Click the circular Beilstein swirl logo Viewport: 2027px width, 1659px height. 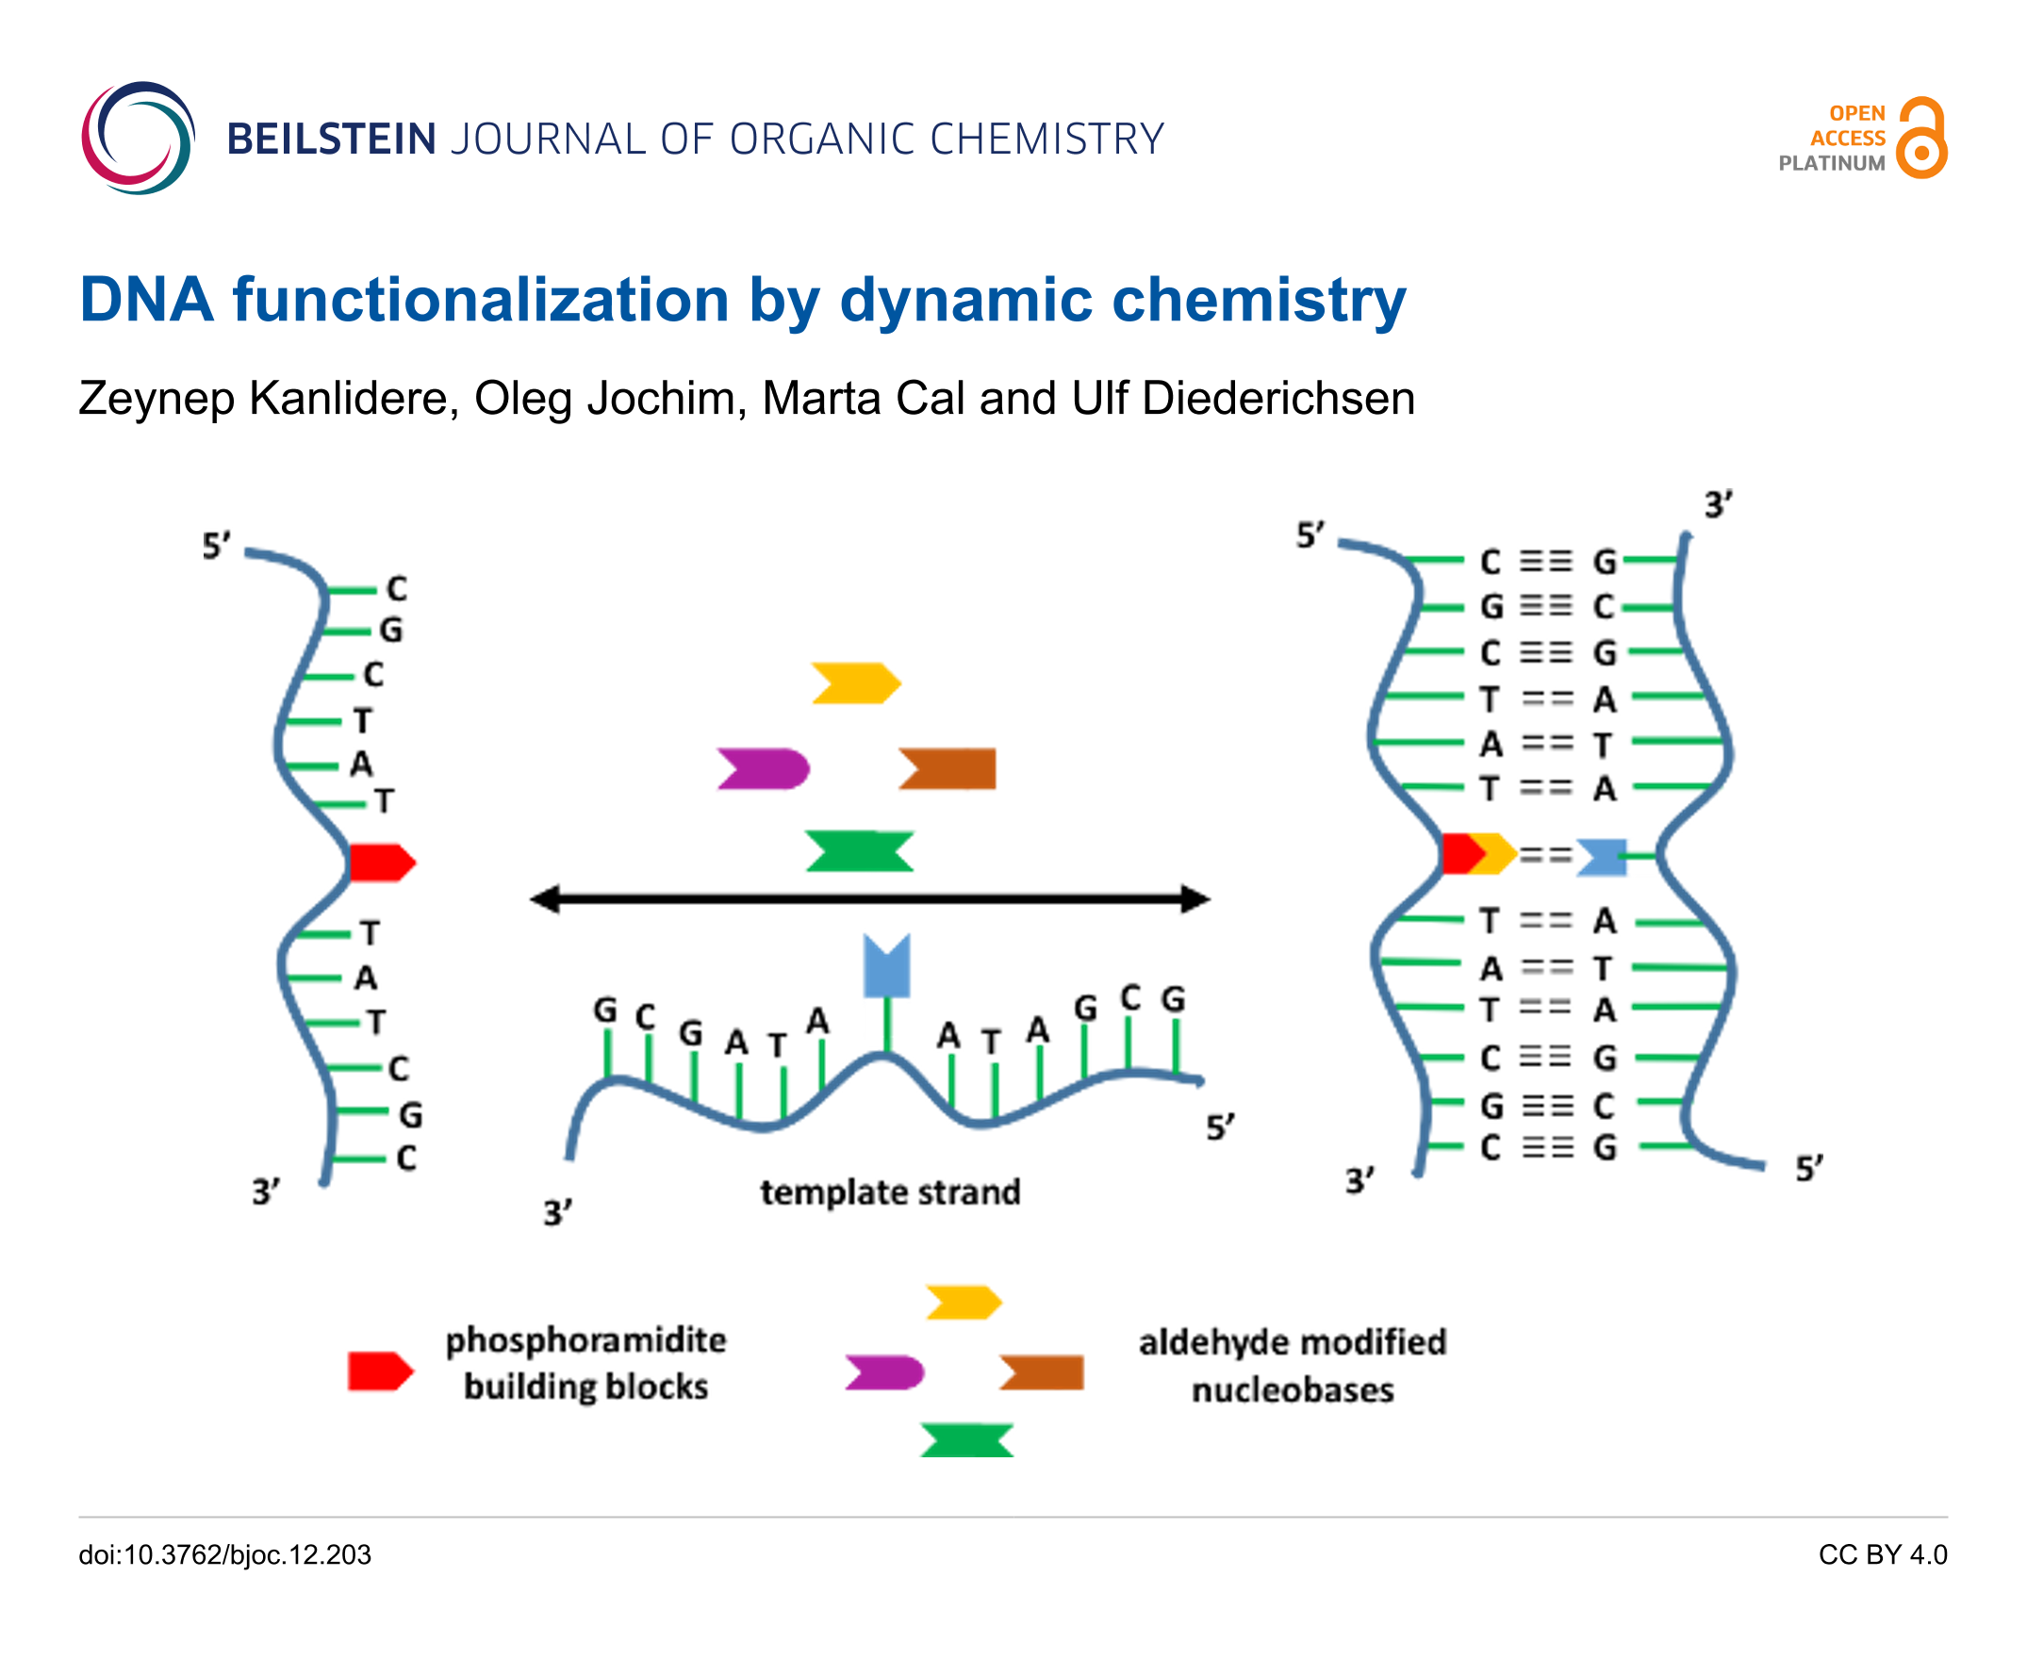[138, 139]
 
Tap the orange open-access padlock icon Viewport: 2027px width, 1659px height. [1920, 139]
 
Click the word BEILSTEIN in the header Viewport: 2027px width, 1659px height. [331, 140]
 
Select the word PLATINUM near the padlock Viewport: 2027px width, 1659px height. [1831, 163]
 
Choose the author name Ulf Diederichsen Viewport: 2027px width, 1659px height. [1243, 399]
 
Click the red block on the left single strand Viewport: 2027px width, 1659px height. [380, 862]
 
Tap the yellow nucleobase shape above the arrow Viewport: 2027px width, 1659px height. [855, 683]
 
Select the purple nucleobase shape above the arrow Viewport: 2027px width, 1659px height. [764, 769]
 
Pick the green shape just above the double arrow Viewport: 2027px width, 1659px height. [859, 850]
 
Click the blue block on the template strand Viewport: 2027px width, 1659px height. [886, 966]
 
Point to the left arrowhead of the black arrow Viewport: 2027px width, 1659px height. [545, 899]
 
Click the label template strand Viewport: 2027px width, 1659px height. [890, 1192]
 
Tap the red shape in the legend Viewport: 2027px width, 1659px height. [379, 1372]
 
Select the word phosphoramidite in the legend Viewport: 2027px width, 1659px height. [585, 1340]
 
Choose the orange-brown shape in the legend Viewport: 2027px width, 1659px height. [1042, 1372]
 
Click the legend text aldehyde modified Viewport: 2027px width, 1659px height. [1292, 1342]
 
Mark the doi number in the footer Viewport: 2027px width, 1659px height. [224, 1554]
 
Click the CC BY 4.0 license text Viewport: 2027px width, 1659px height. [1882, 1554]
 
